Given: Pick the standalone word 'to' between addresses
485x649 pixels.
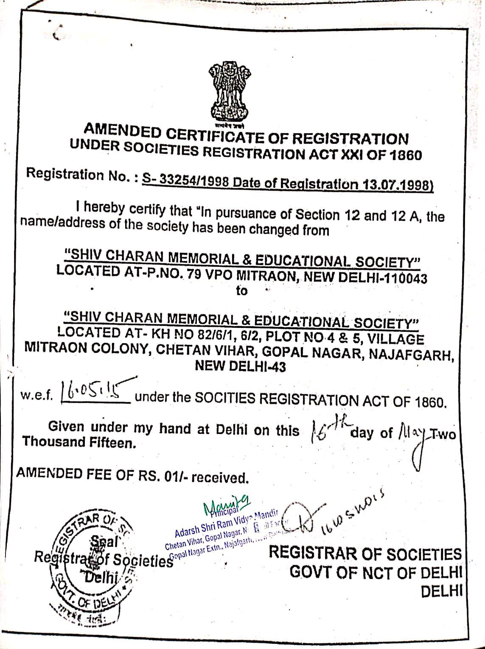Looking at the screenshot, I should (241, 291).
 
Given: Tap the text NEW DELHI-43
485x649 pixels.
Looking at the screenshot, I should (240, 366).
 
